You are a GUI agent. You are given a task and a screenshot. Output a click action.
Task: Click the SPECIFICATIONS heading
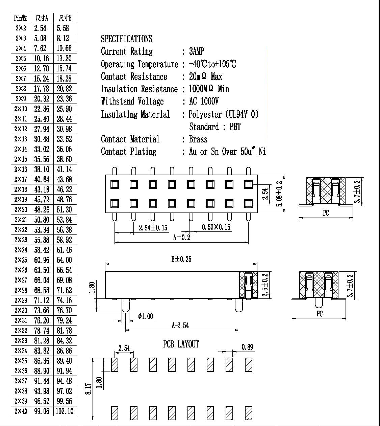pyautogui.click(x=127, y=39)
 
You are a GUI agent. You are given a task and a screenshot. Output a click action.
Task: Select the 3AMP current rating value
pyautogui.click(x=196, y=51)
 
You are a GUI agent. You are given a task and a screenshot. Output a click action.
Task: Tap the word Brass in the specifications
pyautogui.click(x=198, y=139)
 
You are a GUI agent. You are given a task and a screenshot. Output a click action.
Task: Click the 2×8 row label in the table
pyautogui.click(x=21, y=89)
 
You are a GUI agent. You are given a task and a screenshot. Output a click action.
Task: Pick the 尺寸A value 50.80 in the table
pyautogui.click(x=42, y=220)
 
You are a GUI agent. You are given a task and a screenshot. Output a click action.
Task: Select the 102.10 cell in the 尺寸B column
pyautogui.click(x=65, y=411)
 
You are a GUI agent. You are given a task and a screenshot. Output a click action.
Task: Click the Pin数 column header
pyautogui.click(x=20, y=18)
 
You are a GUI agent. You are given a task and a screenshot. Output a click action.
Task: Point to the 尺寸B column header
pyautogui.click(x=65, y=18)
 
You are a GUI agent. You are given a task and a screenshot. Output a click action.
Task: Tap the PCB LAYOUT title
pyautogui.click(x=181, y=344)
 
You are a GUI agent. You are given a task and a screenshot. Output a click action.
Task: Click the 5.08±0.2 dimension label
pyautogui.click(x=279, y=194)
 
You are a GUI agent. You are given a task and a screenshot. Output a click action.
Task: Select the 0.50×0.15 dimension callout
pyautogui.click(x=216, y=227)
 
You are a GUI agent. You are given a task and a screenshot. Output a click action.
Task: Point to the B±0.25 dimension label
pyautogui.click(x=181, y=259)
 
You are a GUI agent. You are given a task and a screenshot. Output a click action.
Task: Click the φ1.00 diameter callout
pyautogui.click(x=146, y=316)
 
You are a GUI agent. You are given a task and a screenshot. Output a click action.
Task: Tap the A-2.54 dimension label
pyautogui.click(x=180, y=326)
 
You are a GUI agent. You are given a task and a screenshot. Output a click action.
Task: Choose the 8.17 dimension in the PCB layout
pyautogui.click(x=88, y=389)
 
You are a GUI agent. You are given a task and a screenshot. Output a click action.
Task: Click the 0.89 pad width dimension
pyautogui.click(x=247, y=347)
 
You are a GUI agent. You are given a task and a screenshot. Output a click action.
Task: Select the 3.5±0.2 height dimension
pyautogui.click(x=265, y=285)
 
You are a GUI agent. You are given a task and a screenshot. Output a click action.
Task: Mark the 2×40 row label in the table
pyautogui.click(x=21, y=411)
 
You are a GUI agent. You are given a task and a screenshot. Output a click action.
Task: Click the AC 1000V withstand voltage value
pyautogui.click(x=204, y=101)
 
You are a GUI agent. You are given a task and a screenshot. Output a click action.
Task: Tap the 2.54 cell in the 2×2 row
pyautogui.click(x=40, y=28)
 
